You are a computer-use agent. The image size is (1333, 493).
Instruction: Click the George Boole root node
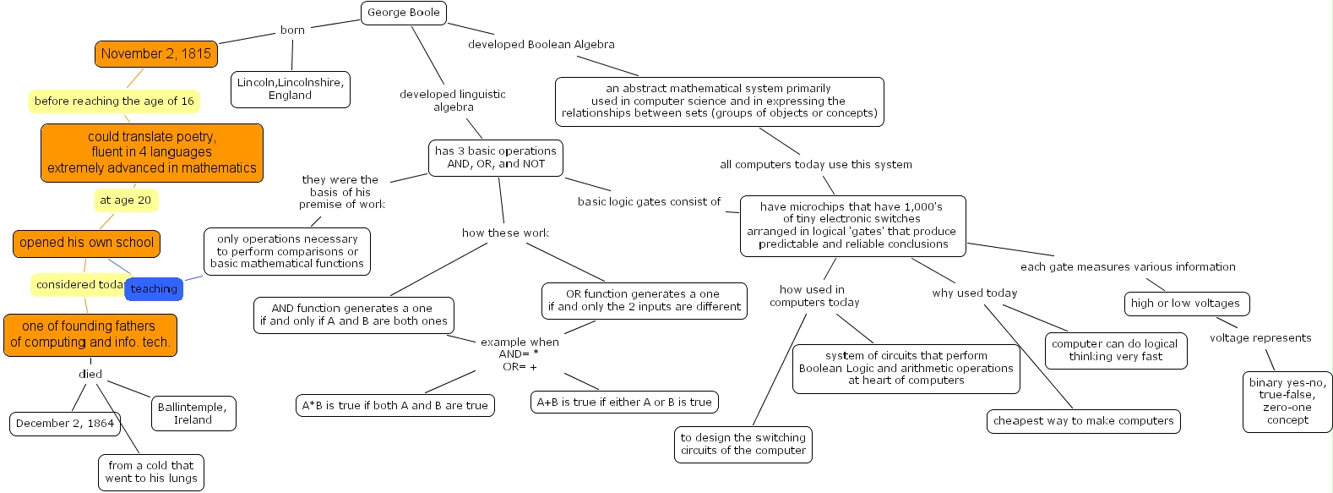404,13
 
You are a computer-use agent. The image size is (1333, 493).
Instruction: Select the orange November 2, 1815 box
156,53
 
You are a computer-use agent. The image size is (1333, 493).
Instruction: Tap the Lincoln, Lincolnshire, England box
290,89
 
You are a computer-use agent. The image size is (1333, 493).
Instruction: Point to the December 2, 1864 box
65,423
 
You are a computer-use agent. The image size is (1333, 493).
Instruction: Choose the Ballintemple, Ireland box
193,414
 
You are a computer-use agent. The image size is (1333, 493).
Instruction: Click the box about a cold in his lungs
151,472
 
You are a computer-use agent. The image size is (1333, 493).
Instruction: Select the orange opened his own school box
86,243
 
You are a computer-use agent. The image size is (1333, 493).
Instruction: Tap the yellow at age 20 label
125,200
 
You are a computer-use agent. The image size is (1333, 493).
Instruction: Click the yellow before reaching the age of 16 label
114,101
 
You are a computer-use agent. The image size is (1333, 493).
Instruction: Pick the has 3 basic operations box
496,157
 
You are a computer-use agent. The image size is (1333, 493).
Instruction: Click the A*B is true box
395,405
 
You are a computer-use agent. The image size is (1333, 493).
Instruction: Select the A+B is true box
624,403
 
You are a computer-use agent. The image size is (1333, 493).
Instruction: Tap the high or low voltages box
1185,304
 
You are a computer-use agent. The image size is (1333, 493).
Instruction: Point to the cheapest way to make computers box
1083,421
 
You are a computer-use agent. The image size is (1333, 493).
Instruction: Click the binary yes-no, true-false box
1287,401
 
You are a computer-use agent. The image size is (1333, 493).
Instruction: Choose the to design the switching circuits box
743,444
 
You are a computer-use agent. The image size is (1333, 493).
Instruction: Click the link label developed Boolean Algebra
541,44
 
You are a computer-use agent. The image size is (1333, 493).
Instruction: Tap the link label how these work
505,233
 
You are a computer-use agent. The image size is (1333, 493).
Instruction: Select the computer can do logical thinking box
1114,350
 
